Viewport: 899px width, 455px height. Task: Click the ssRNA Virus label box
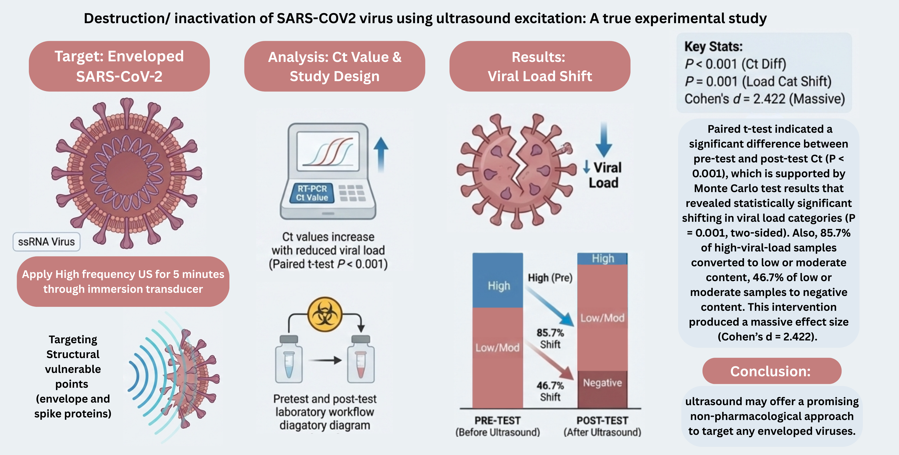tap(46, 242)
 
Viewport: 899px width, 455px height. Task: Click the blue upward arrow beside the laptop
tap(381, 154)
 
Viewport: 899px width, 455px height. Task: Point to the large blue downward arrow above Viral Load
tap(603, 140)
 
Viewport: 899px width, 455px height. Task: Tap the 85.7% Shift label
tap(550, 338)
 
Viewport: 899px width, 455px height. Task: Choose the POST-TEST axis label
tap(602, 420)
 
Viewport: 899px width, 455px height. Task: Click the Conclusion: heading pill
tap(772, 371)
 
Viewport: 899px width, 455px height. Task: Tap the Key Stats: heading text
tap(713, 46)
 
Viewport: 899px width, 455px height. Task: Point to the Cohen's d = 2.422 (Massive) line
tap(764, 99)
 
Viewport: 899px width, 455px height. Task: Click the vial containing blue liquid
tap(289, 363)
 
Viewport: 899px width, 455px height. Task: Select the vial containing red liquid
tap(361, 363)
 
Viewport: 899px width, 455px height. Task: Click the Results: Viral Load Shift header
tap(540, 66)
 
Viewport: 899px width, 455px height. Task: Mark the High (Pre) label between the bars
tap(550, 278)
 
